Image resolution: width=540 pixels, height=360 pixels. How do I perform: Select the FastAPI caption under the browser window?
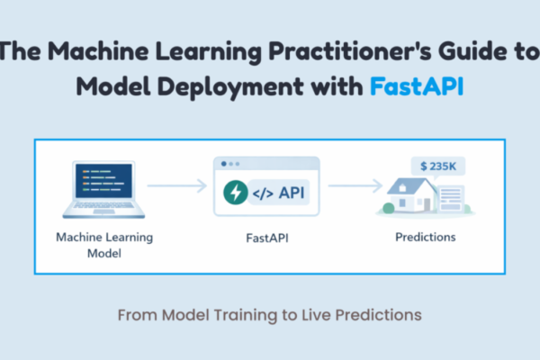[267, 238]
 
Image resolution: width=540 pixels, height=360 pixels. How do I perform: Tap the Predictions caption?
[425, 238]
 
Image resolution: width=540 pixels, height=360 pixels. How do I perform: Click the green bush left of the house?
[388, 209]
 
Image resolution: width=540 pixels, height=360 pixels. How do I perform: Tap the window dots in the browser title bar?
[230, 164]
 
